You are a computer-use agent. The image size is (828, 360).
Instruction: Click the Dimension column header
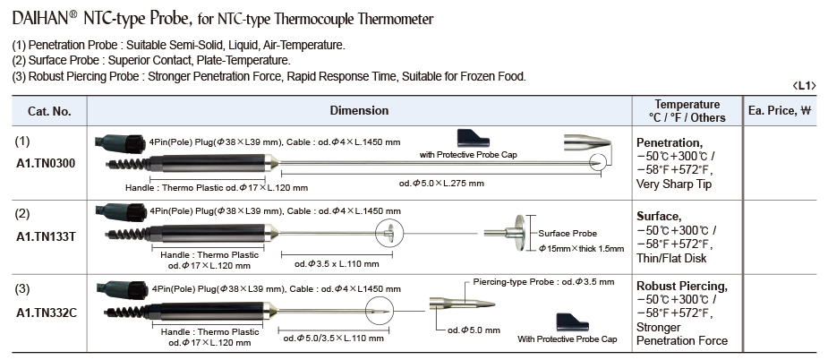point(359,111)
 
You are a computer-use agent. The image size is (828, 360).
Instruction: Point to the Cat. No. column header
point(49,111)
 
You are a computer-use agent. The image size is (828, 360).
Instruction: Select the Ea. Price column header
point(779,111)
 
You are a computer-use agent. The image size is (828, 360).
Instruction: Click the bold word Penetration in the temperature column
point(669,142)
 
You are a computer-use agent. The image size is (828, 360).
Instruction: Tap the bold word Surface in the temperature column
point(660,216)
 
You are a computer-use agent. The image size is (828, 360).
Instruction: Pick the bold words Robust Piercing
point(681,287)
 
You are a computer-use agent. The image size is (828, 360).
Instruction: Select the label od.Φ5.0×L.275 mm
point(441,184)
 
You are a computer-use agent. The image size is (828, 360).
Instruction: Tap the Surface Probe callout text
point(568,233)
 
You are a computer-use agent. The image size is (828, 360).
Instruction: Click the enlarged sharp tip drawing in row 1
point(586,142)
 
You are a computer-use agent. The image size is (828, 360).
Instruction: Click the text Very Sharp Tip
point(674,184)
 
